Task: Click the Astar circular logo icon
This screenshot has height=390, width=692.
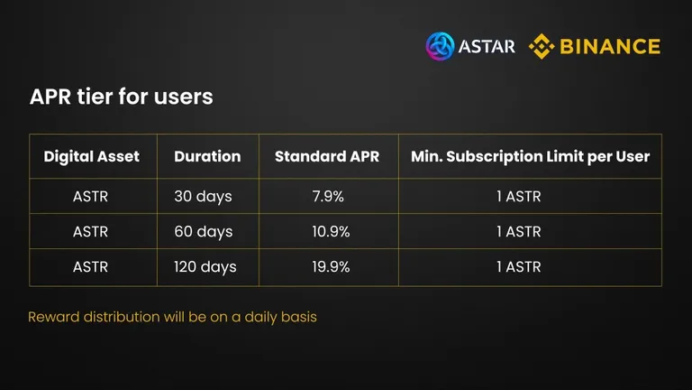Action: pyautogui.click(x=440, y=46)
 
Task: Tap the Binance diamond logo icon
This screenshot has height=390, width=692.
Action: pyautogui.click(x=542, y=46)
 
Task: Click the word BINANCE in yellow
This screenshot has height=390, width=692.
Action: pyautogui.click(x=610, y=46)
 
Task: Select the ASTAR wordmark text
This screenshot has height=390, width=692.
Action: pyautogui.click(x=487, y=46)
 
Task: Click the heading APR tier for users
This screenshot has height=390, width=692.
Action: pyautogui.click(x=122, y=97)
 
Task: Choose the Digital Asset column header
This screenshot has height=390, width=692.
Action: pyautogui.click(x=91, y=156)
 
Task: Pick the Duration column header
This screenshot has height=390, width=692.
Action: pyautogui.click(x=207, y=156)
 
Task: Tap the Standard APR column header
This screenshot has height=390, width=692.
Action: pyautogui.click(x=327, y=156)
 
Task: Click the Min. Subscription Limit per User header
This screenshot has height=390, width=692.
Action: pyautogui.click(x=530, y=156)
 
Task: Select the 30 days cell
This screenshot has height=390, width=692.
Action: pyautogui.click(x=203, y=196)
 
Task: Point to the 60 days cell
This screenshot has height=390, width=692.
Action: pyautogui.click(x=204, y=232)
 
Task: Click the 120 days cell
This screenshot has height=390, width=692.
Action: pyautogui.click(x=205, y=267)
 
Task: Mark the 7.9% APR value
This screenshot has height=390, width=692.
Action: pyautogui.click(x=328, y=196)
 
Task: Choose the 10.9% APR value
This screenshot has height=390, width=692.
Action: pyautogui.click(x=331, y=232)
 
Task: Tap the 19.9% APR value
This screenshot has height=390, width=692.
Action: pyautogui.click(x=331, y=267)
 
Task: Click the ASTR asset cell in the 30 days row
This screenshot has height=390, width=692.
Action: pyautogui.click(x=90, y=196)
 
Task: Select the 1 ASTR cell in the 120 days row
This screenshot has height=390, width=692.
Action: pyautogui.click(x=519, y=267)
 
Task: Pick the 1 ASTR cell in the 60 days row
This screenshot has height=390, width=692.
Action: pyautogui.click(x=519, y=232)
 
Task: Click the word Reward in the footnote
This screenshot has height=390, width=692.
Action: pyautogui.click(x=53, y=317)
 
